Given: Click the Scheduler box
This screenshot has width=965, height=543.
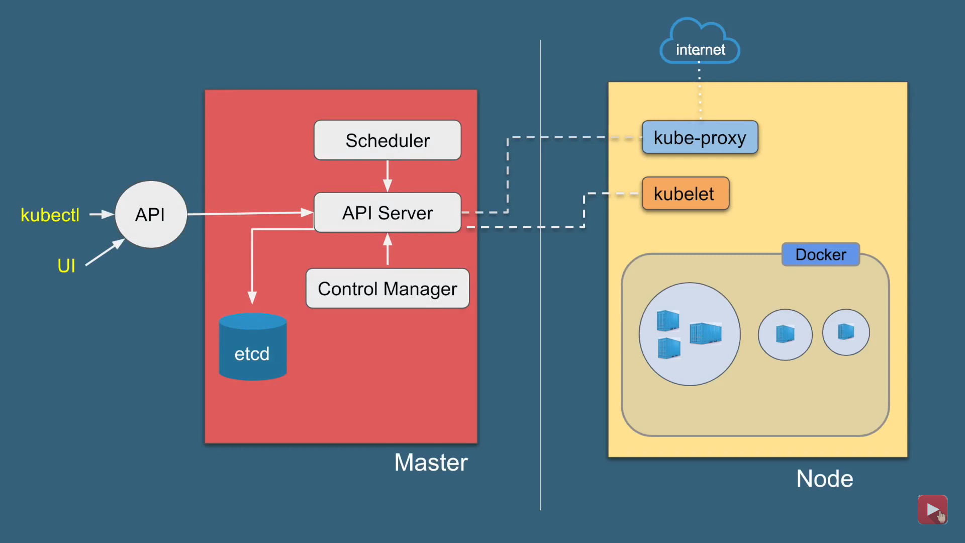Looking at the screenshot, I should (387, 140).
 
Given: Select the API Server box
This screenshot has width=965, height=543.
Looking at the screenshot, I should (387, 213).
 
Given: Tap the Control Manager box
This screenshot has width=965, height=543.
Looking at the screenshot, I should (387, 289).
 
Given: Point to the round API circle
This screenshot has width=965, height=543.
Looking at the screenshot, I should (151, 215).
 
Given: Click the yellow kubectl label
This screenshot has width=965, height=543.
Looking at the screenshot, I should (50, 215).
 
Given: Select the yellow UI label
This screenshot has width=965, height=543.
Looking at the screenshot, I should (66, 265).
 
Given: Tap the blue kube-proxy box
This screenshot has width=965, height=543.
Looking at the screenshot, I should (700, 137).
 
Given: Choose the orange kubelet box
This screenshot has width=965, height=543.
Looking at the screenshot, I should (685, 194).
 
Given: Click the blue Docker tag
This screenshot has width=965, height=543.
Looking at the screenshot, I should (820, 254).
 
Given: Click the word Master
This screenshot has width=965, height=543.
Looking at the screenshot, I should (431, 462).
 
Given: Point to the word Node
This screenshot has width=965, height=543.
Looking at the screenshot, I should (824, 479).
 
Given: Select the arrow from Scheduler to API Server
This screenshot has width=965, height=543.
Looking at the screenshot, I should (388, 176).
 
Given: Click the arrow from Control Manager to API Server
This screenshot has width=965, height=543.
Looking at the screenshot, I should (388, 250).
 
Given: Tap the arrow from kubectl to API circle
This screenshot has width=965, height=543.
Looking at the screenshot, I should (102, 214).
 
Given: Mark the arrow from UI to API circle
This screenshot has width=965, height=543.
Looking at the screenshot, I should (105, 252).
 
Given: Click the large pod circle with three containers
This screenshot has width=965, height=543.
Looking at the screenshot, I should (690, 334).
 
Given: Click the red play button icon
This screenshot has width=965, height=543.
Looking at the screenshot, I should (932, 509).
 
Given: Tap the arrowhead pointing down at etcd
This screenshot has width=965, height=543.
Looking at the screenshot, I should (252, 297).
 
